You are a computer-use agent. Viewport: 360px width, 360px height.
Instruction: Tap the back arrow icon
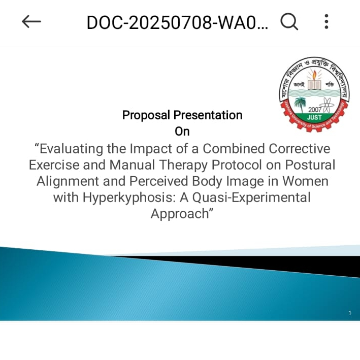point(31,21)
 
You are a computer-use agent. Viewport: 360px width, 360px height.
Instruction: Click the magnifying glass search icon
point(289,21)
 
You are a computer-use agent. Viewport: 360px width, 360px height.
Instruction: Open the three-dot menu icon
point(326,21)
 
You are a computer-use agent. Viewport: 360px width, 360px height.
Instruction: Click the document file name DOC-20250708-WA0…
point(177,22)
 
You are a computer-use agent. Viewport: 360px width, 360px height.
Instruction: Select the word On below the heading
point(182,132)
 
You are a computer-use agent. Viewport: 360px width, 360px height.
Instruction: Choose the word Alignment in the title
point(66,181)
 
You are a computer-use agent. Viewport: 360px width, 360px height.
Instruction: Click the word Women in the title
point(305,181)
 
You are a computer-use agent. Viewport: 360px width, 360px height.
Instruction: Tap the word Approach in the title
point(179,214)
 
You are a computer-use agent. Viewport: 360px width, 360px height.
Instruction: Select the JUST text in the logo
point(314,117)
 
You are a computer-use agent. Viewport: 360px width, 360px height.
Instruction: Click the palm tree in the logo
point(300,104)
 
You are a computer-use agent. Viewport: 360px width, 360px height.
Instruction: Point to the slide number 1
point(350,313)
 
